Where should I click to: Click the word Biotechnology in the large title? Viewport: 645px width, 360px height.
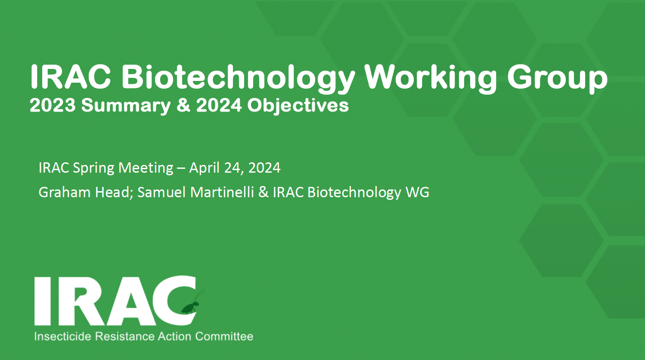[238, 78]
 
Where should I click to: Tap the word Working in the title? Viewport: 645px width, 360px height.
[431, 78]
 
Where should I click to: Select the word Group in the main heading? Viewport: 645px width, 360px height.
[557, 78]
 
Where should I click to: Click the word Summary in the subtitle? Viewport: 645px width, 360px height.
[126, 106]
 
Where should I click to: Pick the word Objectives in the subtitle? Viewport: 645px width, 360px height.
[298, 106]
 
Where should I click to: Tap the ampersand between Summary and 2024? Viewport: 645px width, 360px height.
[183, 106]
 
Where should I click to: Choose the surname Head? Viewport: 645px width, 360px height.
[114, 192]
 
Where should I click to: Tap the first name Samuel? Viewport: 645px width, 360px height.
[162, 192]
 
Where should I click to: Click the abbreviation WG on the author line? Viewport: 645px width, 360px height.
[417, 192]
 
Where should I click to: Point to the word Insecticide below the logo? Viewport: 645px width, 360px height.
[63, 336]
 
